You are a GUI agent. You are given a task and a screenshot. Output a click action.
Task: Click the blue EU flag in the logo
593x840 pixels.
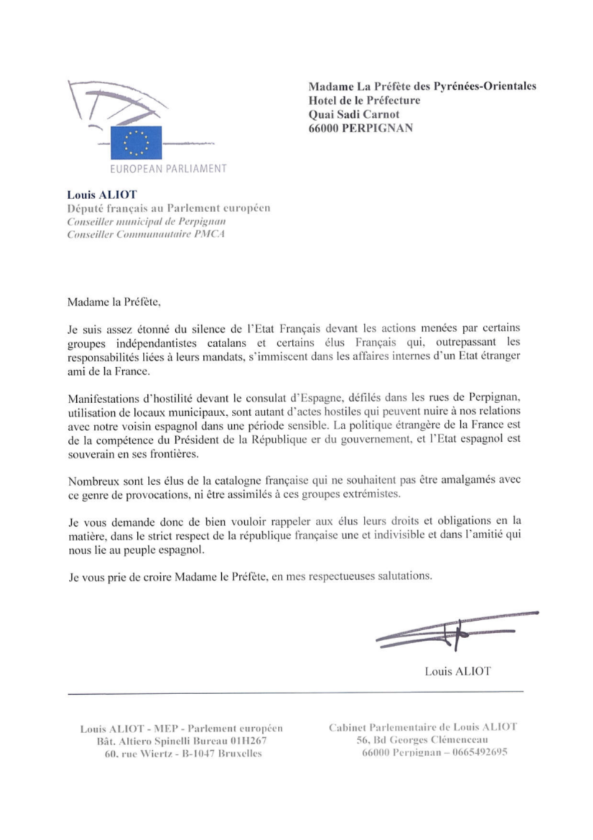(x=136, y=142)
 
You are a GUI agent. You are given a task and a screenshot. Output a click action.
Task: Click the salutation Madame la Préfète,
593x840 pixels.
(x=110, y=303)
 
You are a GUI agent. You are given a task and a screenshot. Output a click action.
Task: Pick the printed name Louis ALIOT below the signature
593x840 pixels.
(x=457, y=672)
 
